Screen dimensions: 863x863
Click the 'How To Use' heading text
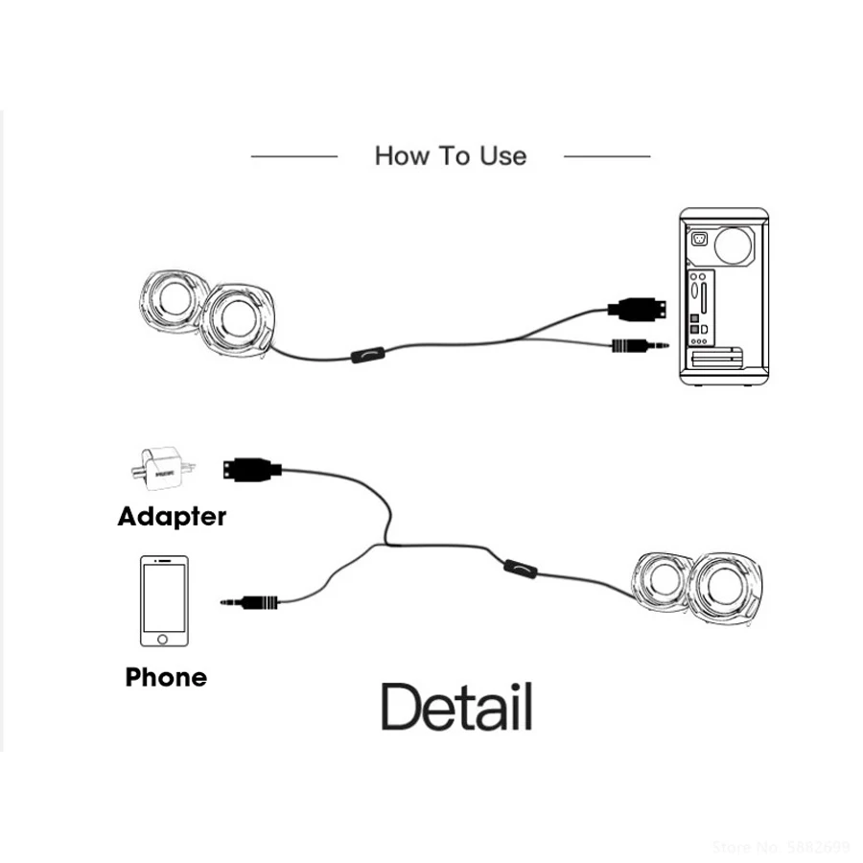(450, 155)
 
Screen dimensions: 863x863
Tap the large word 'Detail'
(456, 708)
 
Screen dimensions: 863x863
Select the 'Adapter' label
(172, 517)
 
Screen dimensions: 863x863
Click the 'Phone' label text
(166, 678)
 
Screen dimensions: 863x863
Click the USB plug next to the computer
(636, 309)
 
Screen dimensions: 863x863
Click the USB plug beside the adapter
(252, 469)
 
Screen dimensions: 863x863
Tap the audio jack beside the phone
(251, 602)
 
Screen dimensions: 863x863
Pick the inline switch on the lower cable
(521, 571)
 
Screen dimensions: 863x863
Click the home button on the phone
(164, 638)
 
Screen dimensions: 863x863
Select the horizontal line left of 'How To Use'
(293, 155)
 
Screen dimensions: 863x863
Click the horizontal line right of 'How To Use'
(607, 155)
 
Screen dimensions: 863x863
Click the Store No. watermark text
(781, 847)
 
